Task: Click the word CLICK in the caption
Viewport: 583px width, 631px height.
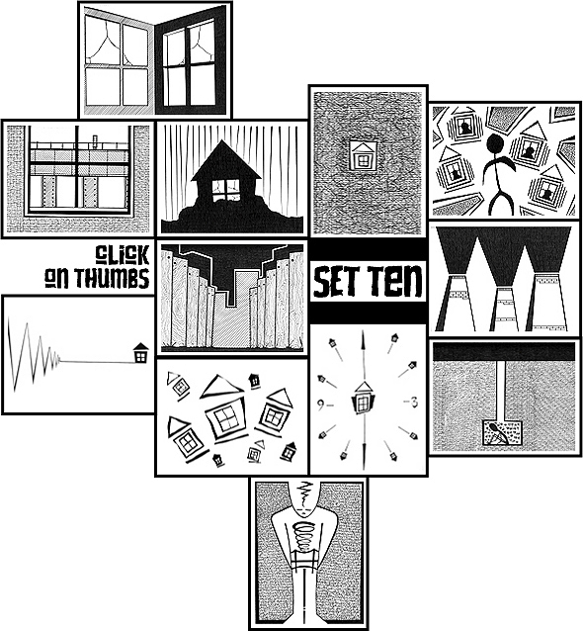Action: tap(123, 254)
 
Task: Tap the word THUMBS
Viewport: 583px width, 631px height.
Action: tap(112, 278)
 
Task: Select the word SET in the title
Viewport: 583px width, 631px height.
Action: tap(337, 280)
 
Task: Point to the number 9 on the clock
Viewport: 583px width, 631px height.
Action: tap(321, 405)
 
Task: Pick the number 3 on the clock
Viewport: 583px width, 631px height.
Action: tap(414, 402)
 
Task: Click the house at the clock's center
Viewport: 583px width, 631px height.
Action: tap(364, 398)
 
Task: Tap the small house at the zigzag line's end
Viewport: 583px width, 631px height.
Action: tap(140, 352)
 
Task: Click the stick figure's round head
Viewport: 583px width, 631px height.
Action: tap(495, 143)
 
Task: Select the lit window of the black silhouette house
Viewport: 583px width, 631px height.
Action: tap(226, 190)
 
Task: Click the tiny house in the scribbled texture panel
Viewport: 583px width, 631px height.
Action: tap(364, 155)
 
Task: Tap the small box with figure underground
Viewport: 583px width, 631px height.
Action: tap(502, 432)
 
